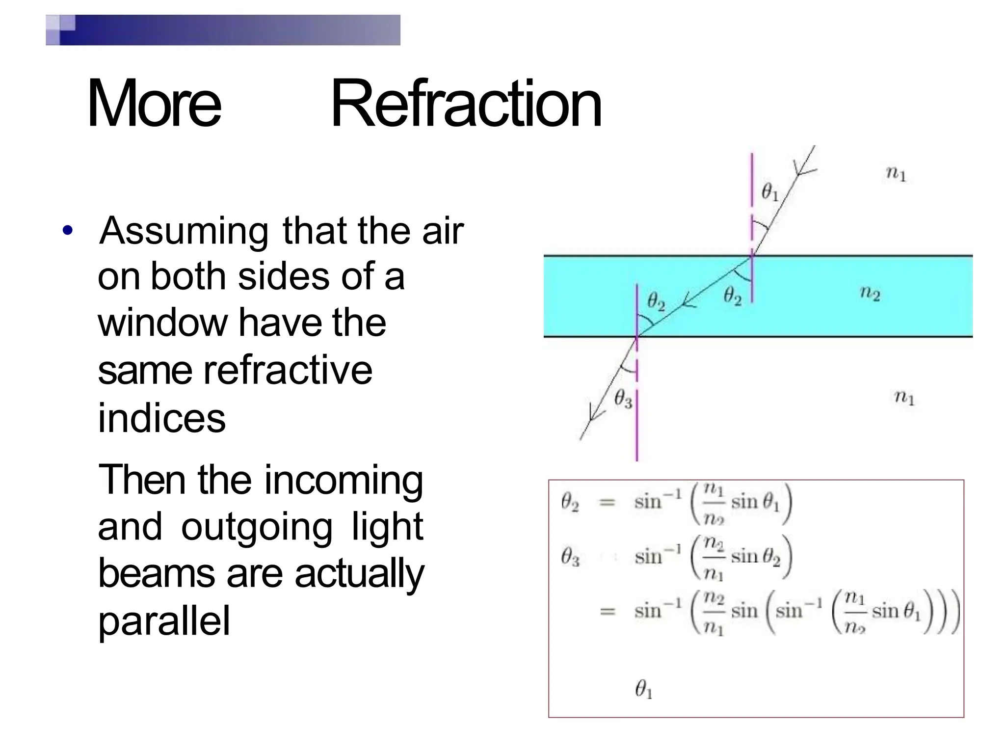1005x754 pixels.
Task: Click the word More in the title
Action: [x=154, y=104]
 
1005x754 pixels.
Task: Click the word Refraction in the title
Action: [x=466, y=104]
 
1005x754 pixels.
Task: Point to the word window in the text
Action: [x=162, y=323]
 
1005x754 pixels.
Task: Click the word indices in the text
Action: [x=161, y=418]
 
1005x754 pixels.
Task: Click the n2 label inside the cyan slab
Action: [x=870, y=293]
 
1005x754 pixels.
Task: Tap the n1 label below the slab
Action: [x=904, y=397]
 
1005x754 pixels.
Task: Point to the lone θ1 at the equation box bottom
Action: [x=643, y=689]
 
